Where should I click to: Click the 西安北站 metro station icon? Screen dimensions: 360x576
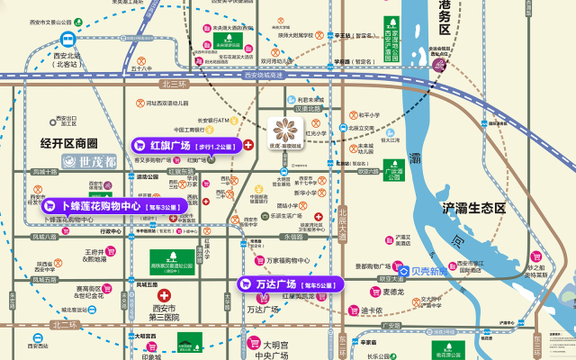67,40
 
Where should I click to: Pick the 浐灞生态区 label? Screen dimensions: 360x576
474,208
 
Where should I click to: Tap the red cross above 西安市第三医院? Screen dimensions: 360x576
164,295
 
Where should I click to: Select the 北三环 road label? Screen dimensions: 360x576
173,84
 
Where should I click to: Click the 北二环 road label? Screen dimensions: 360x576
65,324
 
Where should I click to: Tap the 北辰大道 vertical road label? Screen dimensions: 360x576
343,220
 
